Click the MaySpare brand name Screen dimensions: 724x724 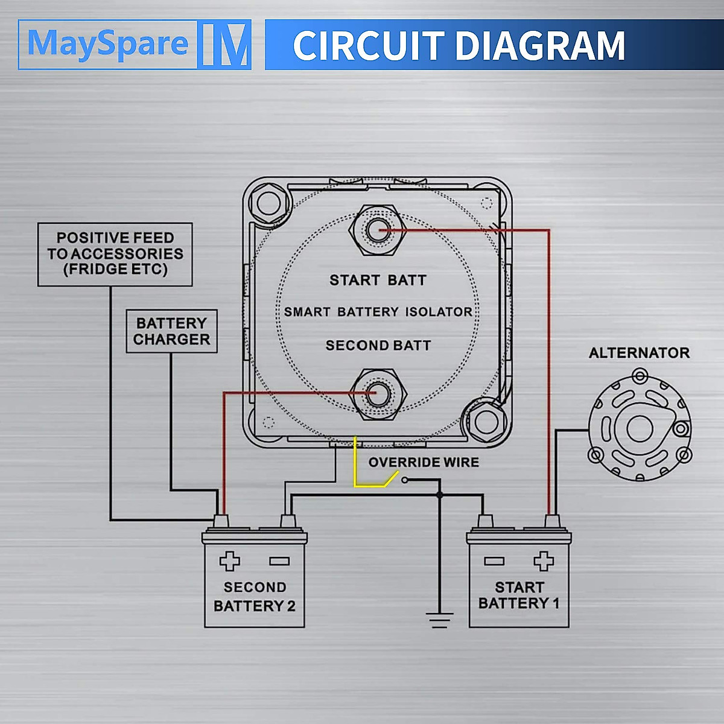pos(108,44)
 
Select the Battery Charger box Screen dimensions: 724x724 pos(171,331)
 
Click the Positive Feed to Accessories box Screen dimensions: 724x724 pos(115,255)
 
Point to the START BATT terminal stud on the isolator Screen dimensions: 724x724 pos(377,230)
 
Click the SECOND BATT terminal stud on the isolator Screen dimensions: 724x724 pos(378,394)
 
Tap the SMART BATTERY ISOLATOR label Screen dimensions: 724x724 pos(378,312)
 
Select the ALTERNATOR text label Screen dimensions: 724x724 pos(639,353)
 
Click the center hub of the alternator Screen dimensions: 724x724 pos(640,429)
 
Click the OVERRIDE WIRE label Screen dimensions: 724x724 pos(424,462)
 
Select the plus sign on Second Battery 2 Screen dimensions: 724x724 pos(229,561)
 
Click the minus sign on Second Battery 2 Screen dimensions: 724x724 pos(279,561)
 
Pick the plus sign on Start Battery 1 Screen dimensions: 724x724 pos(544,561)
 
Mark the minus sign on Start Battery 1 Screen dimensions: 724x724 pos(494,561)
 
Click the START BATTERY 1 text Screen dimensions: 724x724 pos(519,595)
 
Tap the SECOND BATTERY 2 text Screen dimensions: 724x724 pos(255,596)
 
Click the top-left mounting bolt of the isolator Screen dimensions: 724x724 pos(269,203)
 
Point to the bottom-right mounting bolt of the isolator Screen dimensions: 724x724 pos(486,422)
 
